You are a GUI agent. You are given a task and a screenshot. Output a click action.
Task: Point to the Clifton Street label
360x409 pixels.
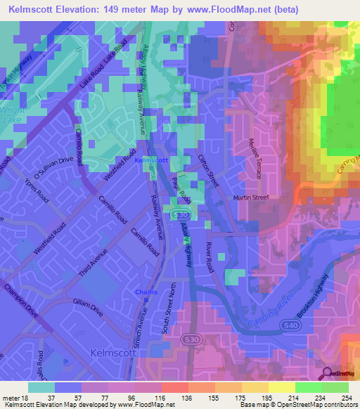[210, 169]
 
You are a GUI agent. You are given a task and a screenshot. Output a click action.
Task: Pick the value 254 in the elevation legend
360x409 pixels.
[342, 398]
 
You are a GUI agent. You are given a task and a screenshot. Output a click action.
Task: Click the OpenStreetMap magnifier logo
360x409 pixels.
[327, 373]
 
